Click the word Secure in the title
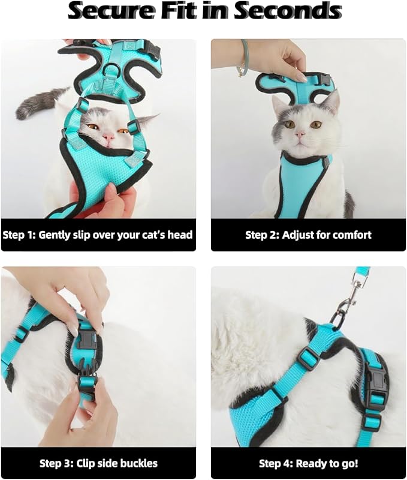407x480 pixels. coord(110,11)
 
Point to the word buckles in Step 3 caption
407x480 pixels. coord(137,463)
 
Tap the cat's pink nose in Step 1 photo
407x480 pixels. coord(108,139)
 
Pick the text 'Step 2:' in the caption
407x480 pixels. coord(262,235)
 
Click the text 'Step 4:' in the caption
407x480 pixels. coord(276,463)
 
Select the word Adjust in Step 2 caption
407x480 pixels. coord(299,235)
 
